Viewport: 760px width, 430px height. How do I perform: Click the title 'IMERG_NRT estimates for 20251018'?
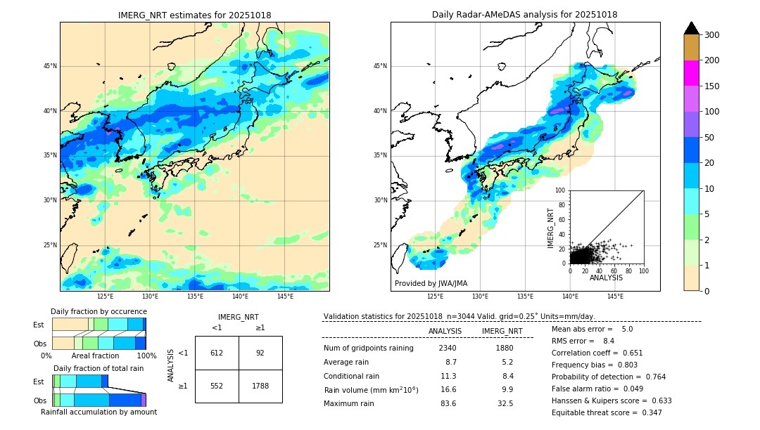(194, 15)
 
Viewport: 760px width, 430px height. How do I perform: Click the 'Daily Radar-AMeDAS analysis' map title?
(525, 15)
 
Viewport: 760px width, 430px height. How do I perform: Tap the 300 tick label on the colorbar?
(711, 34)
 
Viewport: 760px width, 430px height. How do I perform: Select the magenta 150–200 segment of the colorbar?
(692, 73)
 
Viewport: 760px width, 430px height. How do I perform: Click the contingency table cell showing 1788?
(260, 386)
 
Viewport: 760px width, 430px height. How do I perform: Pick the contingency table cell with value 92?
(260, 353)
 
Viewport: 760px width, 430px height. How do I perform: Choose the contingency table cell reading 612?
(217, 353)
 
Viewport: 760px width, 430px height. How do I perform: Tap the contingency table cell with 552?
(217, 386)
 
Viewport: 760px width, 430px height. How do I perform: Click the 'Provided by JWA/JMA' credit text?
(431, 283)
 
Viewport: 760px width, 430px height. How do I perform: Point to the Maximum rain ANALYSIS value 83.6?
(448, 403)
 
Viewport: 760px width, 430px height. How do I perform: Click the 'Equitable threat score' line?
(607, 412)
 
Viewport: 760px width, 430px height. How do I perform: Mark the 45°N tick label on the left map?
(50, 66)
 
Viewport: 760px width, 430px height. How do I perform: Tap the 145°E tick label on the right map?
(615, 297)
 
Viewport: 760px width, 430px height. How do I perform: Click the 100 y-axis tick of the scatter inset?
(561, 190)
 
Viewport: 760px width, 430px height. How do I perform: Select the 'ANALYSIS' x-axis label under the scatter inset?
(606, 278)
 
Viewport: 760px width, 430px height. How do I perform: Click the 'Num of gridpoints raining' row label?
(369, 348)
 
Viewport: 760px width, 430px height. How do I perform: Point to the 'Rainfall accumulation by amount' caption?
(99, 412)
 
